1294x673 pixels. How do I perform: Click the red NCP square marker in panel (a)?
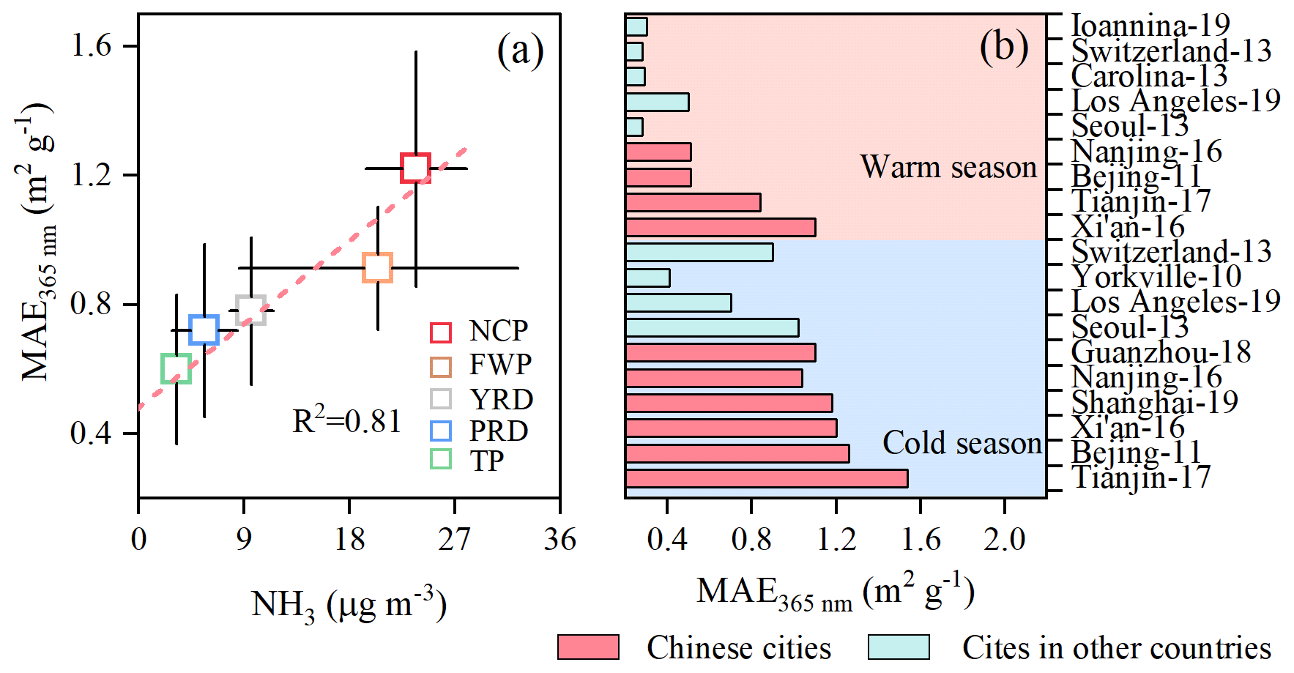[415, 168]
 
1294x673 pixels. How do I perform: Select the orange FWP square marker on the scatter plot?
[377, 268]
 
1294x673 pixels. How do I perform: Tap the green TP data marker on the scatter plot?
[176, 368]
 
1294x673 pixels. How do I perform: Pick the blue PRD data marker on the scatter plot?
[204, 330]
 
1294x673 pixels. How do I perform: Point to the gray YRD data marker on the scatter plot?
[250, 311]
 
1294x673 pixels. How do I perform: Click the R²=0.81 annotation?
[346, 421]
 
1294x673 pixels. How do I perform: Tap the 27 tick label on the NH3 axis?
[454, 540]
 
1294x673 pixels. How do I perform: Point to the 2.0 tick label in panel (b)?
[1004, 540]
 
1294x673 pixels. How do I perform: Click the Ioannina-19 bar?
[636, 26]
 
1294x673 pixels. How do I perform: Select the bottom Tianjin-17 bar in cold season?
[766, 478]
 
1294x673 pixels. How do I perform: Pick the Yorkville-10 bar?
[647, 278]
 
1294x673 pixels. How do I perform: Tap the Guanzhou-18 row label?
[1161, 352]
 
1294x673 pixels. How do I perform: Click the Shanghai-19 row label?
[1155, 402]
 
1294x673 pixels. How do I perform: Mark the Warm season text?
[948, 167]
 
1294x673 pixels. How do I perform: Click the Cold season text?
[962, 443]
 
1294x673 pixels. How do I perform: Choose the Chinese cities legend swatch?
[588, 647]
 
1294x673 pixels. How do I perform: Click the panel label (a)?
[520, 51]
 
